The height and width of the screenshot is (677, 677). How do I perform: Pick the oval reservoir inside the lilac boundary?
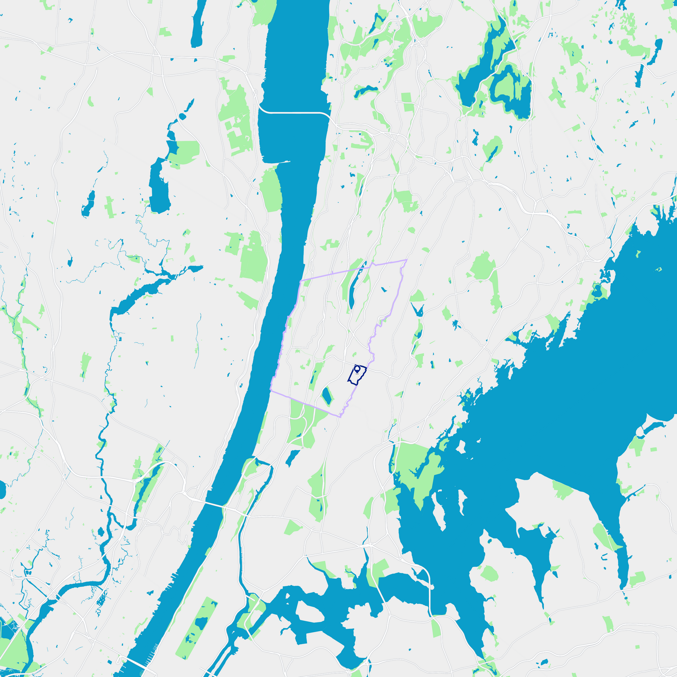coord(326,396)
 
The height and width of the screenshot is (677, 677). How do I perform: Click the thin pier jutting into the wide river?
coord(282,162)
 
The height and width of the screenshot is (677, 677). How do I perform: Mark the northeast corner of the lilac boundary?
coord(406,260)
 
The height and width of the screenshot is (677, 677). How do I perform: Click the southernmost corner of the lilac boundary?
coord(340,417)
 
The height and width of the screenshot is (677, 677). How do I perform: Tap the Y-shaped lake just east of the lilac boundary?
coord(418,310)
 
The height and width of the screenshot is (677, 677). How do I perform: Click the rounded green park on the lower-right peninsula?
coord(489,574)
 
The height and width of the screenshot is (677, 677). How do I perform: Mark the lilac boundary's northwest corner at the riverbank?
coord(300,281)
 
